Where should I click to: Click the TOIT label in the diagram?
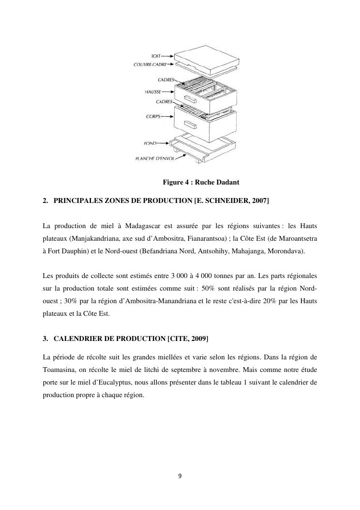(156, 56)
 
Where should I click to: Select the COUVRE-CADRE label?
(150, 64)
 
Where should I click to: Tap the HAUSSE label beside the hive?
(153, 91)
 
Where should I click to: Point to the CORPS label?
(153, 116)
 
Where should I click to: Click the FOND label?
(150, 143)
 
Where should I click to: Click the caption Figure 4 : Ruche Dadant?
(201, 183)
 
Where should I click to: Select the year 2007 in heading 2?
(260, 200)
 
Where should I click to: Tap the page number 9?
(180, 476)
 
